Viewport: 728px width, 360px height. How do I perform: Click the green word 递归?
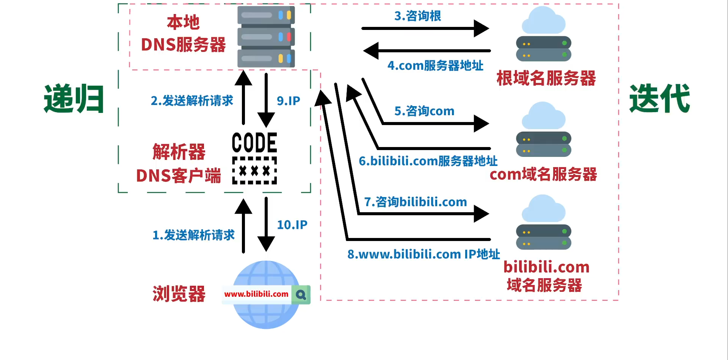coord(74,99)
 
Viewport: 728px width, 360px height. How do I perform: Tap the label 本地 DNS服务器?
coord(183,34)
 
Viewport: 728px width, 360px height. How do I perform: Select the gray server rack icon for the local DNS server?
coord(266,37)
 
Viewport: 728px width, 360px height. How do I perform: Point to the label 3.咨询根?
coord(417,16)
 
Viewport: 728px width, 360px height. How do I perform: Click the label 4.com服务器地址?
coord(435,66)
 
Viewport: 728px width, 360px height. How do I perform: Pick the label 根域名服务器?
coord(546,78)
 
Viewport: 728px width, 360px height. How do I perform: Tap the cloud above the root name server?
coord(543,20)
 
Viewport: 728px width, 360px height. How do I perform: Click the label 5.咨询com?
coord(424,111)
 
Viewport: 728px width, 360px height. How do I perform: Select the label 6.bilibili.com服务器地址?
coord(428,161)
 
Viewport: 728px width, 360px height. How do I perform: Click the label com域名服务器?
coord(543,174)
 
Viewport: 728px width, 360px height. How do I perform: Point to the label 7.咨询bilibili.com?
coord(416,202)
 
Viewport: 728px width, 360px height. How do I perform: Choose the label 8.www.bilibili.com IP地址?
coord(424,254)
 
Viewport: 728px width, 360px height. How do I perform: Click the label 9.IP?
coord(289,101)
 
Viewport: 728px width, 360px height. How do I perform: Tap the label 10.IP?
coord(292,225)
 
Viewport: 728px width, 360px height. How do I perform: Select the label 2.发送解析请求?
coord(192,101)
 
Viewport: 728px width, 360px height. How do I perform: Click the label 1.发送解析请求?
coord(193,235)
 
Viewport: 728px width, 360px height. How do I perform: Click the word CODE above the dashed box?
coord(254,143)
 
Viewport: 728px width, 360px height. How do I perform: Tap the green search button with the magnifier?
coord(301,295)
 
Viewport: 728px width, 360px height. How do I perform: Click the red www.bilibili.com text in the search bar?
coord(256,294)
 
